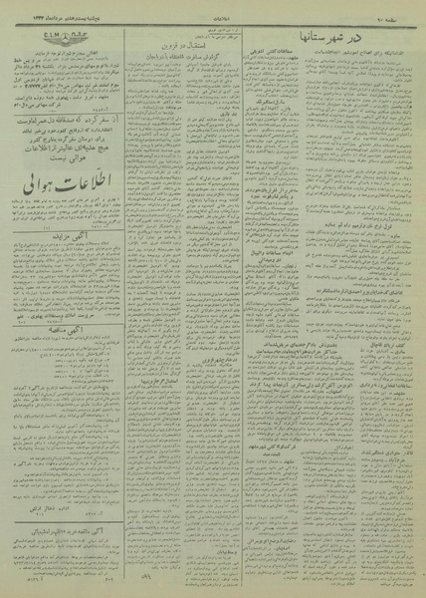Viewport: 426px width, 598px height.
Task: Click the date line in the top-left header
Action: (x=40, y=11)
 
